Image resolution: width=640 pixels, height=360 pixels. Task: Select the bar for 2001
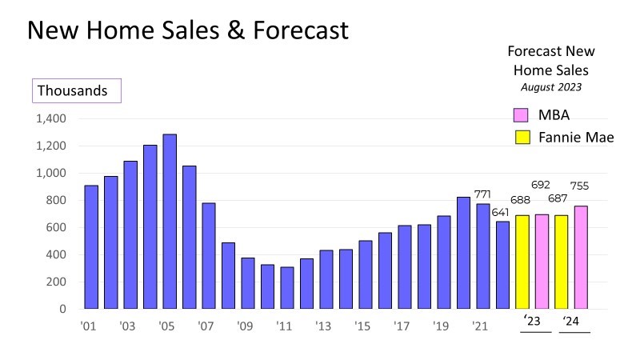91,247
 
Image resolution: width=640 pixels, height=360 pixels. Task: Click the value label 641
502,212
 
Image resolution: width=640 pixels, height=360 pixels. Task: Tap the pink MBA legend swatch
522,114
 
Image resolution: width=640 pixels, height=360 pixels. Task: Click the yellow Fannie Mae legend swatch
522,137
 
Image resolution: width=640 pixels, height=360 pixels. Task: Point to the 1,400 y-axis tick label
50,118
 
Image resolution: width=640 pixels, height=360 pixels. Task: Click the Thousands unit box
76,90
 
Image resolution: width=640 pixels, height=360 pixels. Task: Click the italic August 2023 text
552,86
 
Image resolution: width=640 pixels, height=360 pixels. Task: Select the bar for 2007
209,256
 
